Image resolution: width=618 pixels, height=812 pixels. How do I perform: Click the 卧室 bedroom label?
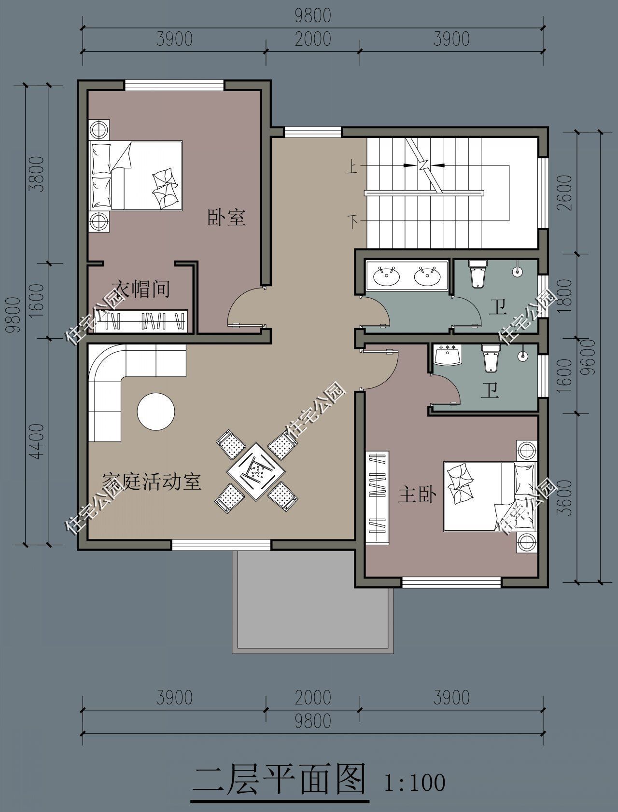[x=226, y=217]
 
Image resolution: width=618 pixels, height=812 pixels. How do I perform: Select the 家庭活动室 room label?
[x=152, y=482]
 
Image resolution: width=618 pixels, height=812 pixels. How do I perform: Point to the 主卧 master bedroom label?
[x=417, y=495]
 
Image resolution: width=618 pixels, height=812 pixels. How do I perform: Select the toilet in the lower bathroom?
[x=489, y=358]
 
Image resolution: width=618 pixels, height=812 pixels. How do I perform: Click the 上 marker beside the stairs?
[x=352, y=167]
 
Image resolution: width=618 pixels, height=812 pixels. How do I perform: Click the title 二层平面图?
[x=279, y=780]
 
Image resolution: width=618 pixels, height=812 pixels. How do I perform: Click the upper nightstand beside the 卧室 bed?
[x=99, y=129]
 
